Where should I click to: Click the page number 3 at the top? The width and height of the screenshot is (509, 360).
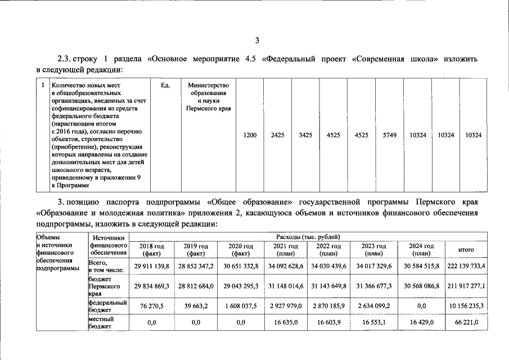(257, 39)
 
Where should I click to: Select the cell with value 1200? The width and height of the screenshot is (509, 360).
(250, 136)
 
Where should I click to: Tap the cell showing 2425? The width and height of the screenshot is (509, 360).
(277, 136)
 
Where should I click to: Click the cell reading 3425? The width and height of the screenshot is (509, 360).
(305, 136)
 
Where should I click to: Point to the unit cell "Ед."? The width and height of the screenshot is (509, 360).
(165, 86)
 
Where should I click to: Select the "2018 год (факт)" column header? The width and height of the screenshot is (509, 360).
(151, 250)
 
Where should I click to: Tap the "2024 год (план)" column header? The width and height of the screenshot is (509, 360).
(421, 250)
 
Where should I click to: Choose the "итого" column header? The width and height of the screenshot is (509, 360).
(466, 250)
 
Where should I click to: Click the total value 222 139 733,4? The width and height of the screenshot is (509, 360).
(467, 265)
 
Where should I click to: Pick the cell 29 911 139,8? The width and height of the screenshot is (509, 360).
(151, 265)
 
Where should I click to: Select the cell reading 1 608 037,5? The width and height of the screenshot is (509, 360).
(241, 306)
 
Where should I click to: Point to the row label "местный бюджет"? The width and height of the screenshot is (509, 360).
(101, 322)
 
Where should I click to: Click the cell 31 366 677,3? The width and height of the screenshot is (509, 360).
(373, 286)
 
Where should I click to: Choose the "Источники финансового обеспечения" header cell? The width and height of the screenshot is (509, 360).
(109, 246)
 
